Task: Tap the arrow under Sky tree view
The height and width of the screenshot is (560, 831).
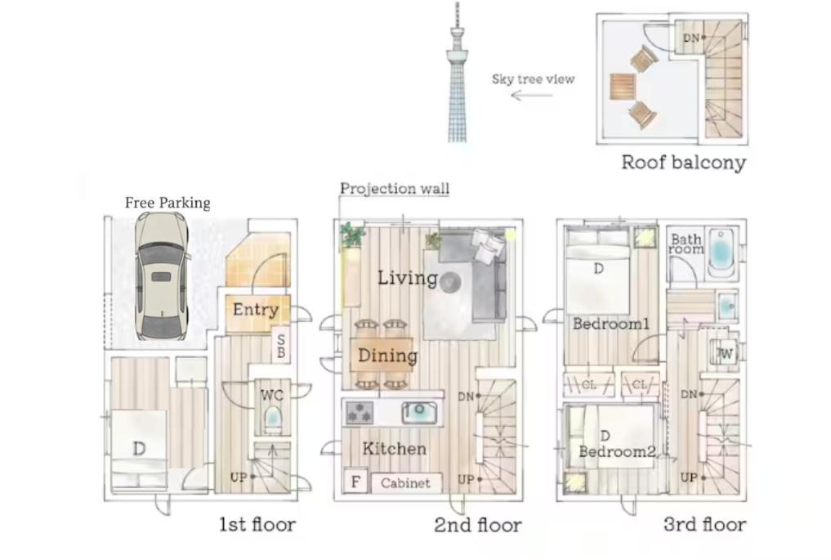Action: tap(531, 95)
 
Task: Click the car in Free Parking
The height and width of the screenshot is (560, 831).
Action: tap(161, 276)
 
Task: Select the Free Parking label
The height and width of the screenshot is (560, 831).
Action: tap(168, 203)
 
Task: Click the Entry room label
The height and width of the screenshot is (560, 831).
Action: tap(256, 310)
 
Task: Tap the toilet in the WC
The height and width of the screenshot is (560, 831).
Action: tap(272, 420)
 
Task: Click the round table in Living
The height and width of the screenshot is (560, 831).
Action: tap(449, 282)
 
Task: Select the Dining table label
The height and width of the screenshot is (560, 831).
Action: tap(387, 356)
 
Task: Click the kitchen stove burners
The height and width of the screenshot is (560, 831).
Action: tap(358, 413)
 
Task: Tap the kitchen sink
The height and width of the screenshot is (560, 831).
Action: tap(421, 413)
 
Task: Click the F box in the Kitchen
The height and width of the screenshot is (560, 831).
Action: tap(355, 482)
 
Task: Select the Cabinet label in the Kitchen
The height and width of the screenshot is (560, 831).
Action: tap(405, 482)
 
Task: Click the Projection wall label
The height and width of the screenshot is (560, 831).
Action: tap(395, 189)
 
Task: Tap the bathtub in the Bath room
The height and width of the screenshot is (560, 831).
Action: tap(722, 251)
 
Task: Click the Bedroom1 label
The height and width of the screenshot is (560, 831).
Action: tap(610, 324)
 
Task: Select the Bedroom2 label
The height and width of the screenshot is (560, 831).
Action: tap(617, 451)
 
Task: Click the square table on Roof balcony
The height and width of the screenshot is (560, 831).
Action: tap(623, 86)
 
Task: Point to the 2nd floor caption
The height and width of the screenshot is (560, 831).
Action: tap(477, 525)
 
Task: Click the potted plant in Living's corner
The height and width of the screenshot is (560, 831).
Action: tap(353, 235)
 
